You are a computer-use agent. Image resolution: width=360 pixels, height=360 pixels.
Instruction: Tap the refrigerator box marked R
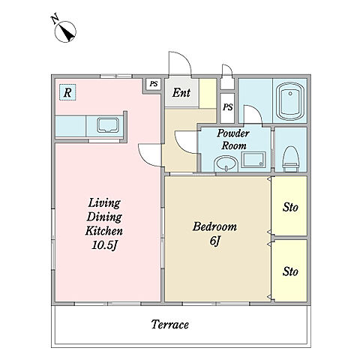pos(67,92)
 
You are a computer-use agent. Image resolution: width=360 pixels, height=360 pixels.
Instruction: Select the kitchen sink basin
pos(108,124)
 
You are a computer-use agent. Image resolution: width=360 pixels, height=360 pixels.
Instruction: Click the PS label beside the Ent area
pos(154,84)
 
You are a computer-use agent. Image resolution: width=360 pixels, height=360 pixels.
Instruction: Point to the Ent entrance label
pos(181,93)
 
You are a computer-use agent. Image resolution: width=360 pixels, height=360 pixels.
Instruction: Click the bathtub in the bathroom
pos(290,101)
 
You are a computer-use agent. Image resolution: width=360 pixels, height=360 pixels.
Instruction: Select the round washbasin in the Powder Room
pos(226,163)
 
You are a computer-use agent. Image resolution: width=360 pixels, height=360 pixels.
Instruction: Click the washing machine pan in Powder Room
pos(253,159)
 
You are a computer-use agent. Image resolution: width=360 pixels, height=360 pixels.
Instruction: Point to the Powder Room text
pos(233,139)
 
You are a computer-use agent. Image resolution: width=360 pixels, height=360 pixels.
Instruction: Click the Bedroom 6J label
pos(214,233)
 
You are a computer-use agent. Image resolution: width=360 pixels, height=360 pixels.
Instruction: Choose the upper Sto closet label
pos(290,207)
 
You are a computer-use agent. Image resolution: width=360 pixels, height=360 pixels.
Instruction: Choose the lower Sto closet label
pos(290,271)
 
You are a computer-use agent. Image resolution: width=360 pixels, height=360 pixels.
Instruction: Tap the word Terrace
pos(170,325)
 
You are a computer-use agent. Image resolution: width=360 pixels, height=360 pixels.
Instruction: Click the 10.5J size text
pos(104,245)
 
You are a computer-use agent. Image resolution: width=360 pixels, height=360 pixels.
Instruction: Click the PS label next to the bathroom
pos(228,107)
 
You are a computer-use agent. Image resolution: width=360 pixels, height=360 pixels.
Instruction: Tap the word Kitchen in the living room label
pos(104,230)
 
